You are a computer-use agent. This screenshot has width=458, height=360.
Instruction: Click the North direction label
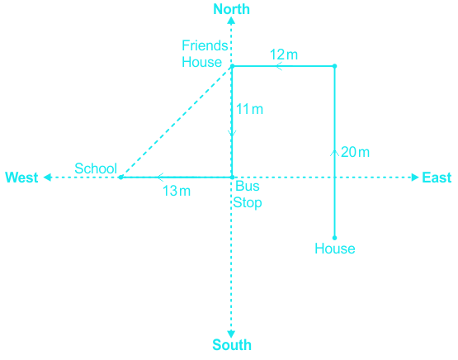pos(232,9)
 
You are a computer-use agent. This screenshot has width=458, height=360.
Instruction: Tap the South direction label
pos(232,345)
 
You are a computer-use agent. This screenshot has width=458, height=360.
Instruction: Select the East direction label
pos(437,178)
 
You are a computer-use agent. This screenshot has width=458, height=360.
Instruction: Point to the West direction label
pos(21,178)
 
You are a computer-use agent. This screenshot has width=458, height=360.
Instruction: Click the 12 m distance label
pos(284,54)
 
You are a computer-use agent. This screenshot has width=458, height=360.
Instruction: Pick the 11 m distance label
pos(249,109)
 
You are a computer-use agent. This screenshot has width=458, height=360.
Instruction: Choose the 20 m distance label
pos(355,152)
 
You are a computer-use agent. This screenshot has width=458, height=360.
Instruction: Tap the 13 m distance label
pos(177,191)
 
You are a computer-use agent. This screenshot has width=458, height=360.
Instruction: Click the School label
pos(96,168)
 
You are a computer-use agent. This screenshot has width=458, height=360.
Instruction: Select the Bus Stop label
pos(248,194)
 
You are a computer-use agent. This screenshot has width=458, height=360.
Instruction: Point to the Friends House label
pos(205,54)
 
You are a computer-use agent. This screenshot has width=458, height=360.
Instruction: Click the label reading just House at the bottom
pos(335,249)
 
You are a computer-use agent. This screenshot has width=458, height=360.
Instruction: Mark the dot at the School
pos(120,177)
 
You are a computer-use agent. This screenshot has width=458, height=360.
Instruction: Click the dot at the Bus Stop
pos(232,177)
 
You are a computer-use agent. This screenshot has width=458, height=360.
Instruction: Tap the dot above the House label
pos(335,238)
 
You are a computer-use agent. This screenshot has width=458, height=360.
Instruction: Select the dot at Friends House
pos(233,66)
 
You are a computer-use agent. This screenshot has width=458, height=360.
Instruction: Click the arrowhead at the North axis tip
pos(231,20)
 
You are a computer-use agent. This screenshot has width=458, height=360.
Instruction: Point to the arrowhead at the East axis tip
pos(415,178)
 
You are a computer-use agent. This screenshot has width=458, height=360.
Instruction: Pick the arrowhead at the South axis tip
pos(231,334)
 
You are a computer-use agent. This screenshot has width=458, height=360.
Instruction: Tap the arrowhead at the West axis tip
pos(47,178)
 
